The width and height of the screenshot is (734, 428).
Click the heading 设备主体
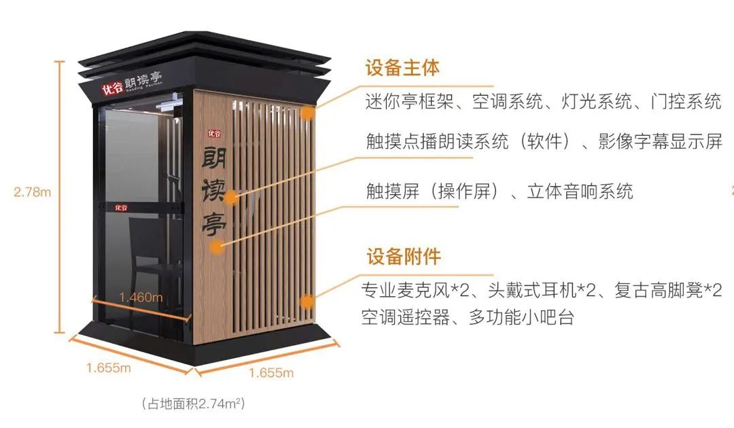click(x=402, y=68)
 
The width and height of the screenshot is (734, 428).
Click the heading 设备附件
click(x=404, y=256)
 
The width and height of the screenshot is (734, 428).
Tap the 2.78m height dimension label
click(x=33, y=192)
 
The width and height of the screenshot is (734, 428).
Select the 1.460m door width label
click(x=141, y=297)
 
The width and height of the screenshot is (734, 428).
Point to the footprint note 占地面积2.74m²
click(x=193, y=404)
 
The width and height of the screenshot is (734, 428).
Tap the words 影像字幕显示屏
click(x=661, y=141)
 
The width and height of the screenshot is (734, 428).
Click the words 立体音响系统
click(x=580, y=191)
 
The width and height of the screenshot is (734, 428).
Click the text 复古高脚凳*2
click(x=668, y=291)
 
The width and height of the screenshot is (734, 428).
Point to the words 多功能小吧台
click(x=521, y=317)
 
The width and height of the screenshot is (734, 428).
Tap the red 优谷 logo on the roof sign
click(x=112, y=88)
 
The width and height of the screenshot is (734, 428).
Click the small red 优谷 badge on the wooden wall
click(x=214, y=134)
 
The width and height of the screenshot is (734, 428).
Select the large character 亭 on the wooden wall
click(x=214, y=223)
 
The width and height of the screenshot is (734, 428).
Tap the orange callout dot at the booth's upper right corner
click(x=308, y=113)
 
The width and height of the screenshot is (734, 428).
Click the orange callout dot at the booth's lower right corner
click(x=307, y=301)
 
